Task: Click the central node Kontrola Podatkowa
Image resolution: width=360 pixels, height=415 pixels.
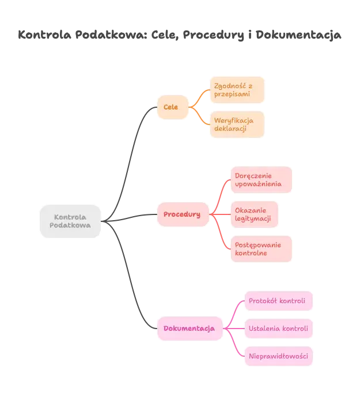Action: pos(70,221)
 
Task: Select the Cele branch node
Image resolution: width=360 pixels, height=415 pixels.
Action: pos(171,107)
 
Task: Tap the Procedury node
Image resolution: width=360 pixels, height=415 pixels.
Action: pos(182,214)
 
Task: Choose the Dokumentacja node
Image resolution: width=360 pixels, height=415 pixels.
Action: pos(189,329)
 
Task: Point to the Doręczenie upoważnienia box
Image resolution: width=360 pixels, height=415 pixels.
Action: pos(260,180)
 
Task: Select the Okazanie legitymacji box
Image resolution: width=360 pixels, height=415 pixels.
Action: pos(253,214)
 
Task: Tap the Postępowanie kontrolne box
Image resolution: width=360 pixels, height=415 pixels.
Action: pos(260,249)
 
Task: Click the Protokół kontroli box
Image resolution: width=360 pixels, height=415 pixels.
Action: pos(279,301)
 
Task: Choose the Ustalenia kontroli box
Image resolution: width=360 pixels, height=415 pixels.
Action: pos(279,329)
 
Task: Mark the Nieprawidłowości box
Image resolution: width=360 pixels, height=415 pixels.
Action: pos(279,356)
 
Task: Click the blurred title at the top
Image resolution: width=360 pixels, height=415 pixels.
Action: pos(180,36)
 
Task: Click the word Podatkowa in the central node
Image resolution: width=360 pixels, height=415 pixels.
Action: pos(70,226)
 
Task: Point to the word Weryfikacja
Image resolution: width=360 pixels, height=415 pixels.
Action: pos(234,120)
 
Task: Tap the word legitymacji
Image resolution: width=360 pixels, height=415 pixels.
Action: pos(253,218)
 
